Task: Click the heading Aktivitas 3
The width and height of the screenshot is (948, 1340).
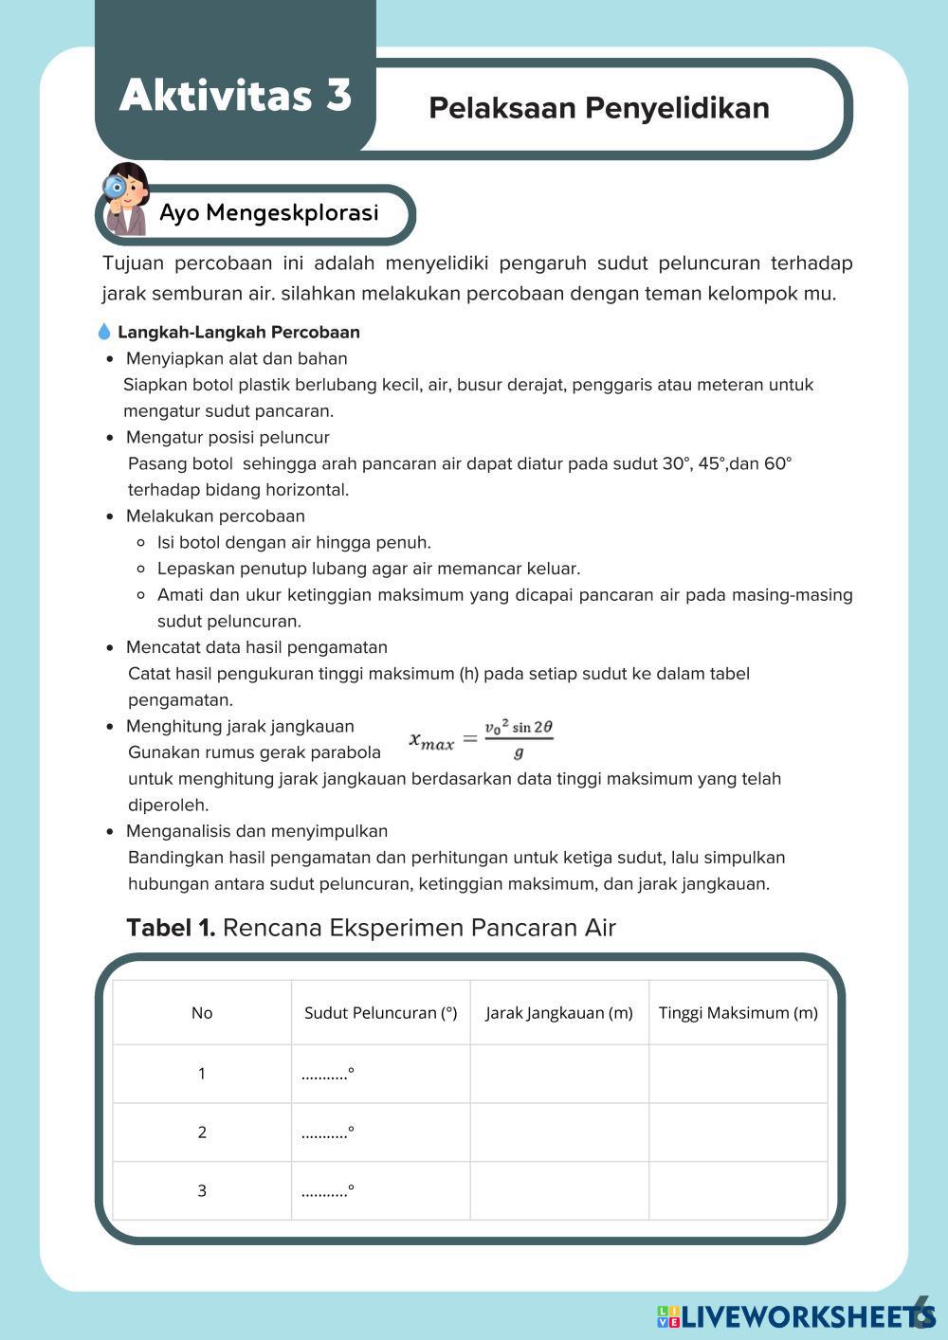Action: pyautogui.click(x=235, y=96)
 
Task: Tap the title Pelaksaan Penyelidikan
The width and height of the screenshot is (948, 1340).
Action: pyautogui.click(x=598, y=108)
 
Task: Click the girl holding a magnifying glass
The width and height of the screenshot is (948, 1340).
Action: pyautogui.click(x=126, y=199)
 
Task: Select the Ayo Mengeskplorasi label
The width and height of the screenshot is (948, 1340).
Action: pyautogui.click(x=268, y=213)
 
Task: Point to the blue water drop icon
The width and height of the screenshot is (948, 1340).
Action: pyautogui.click(x=104, y=333)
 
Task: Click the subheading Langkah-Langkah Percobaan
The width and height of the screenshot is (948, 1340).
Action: pyautogui.click(x=238, y=333)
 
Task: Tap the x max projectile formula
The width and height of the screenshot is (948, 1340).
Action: pyautogui.click(x=481, y=740)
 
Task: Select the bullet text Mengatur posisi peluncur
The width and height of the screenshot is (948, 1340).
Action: pyautogui.click(x=228, y=438)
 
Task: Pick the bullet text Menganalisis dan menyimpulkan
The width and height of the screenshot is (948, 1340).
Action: pyautogui.click(x=256, y=831)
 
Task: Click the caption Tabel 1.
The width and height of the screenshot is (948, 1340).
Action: pyautogui.click(x=171, y=928)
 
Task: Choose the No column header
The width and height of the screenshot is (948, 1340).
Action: pyautogui.click(x=202, y=1013)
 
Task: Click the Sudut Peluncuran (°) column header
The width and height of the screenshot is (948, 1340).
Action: pyautogui.click(x=380, y=1013)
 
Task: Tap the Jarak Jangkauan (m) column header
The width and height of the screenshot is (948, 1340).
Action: pyautogui.click(x=558, y=1013)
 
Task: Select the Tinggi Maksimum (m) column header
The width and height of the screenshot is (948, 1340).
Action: pyautogui.click(x=738, y=1013)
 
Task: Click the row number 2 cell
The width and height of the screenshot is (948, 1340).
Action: pyautogui.click(x=202, y=1132)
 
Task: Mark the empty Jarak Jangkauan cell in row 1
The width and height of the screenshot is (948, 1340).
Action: pyautogui.click(x=558, y=1074)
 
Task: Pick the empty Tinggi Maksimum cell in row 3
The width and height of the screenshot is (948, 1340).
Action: pyautogui.click(x=738, y=1191)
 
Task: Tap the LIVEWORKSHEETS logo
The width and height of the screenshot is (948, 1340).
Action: pyautogui.click(x=796, y=1316)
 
